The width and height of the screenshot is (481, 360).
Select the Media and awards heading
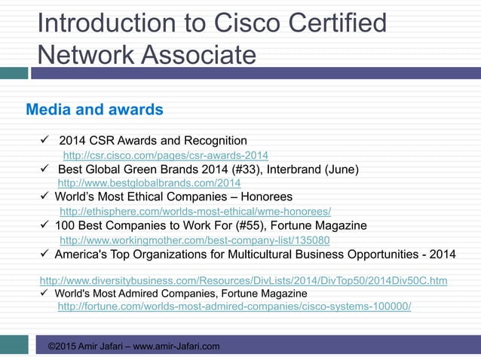pos(94,110)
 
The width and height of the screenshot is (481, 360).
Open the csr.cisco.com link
pos(165,155)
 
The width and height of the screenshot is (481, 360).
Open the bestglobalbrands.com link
pos(149,183)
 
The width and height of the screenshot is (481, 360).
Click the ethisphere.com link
pos(195,211)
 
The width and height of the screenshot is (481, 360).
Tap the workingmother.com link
pos(194,239)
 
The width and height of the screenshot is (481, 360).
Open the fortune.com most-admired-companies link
pos(234,307)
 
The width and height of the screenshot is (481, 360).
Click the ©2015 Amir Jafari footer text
pos(133,346)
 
